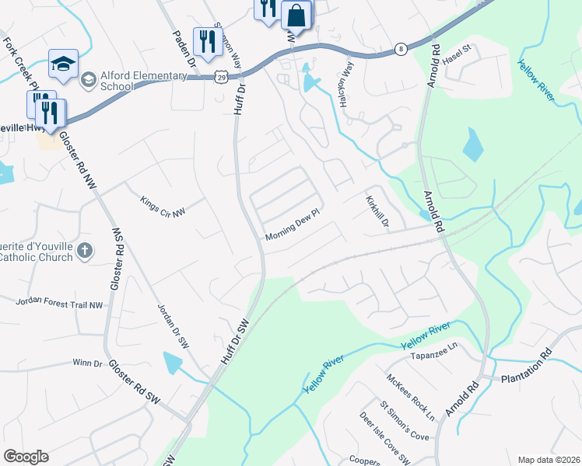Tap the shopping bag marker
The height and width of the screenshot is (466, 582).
(296, 16)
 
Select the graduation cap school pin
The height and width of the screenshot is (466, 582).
(63, 64)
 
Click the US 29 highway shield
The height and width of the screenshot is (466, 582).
(222, 77)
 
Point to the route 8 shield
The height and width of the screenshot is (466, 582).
(400, 48)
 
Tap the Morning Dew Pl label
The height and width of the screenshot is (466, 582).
(293, 224)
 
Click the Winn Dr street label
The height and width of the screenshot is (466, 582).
(87, 363)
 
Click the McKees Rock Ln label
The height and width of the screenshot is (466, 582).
(411, 396)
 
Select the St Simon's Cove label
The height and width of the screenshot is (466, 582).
(404, 420)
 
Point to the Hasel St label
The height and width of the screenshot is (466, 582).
(457, 58)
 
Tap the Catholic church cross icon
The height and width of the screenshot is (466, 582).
(86, 250)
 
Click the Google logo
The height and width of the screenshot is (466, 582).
(26, 457)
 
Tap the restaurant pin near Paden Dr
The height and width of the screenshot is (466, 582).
(206, 42)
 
